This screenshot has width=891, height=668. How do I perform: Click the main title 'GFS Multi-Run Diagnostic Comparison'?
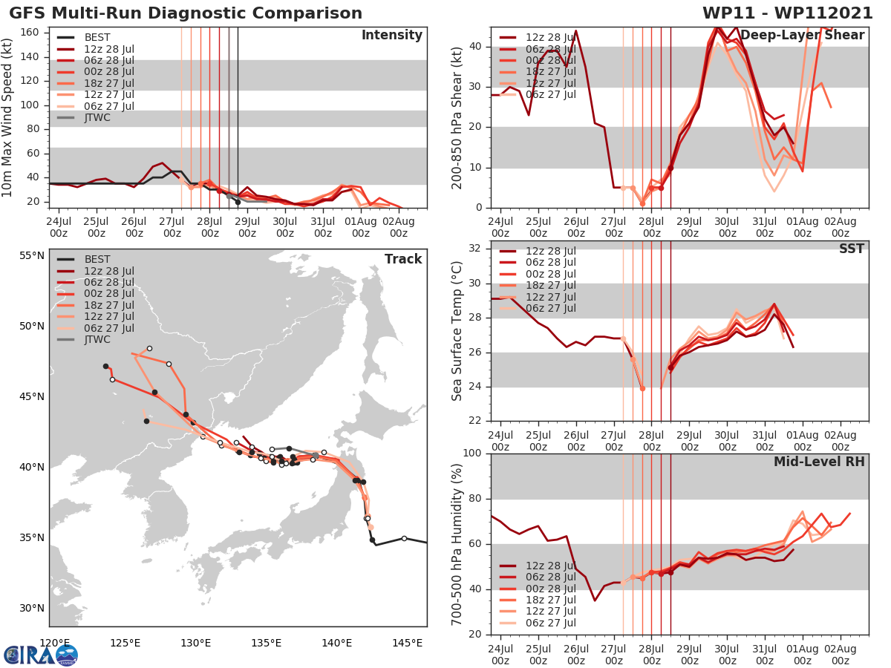click(186, 13)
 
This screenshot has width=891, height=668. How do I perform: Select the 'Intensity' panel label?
click(391, 36)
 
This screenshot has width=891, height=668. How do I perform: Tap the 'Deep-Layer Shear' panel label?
click(802, 36)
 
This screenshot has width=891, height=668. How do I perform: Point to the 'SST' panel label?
click(852, 249)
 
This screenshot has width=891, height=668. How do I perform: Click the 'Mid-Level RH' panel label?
click(819, 462)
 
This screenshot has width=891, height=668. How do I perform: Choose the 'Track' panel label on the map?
click(403, 259)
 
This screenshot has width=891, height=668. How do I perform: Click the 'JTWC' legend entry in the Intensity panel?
click(97, 117)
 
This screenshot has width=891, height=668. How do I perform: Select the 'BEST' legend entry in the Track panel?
click(97, 259)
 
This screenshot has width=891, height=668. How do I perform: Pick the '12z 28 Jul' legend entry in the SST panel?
click(550, 251)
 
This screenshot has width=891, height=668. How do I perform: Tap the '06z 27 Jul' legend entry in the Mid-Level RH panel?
click(550, 623)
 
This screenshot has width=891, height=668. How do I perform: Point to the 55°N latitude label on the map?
click(32, 256)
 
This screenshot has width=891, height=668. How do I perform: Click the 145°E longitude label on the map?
click(406, 643)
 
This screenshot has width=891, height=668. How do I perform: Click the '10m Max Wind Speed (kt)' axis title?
click(8, 116)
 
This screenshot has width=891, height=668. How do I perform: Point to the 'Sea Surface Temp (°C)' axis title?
click(457, 331)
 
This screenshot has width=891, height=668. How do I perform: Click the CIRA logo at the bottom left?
click(41, 655)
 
